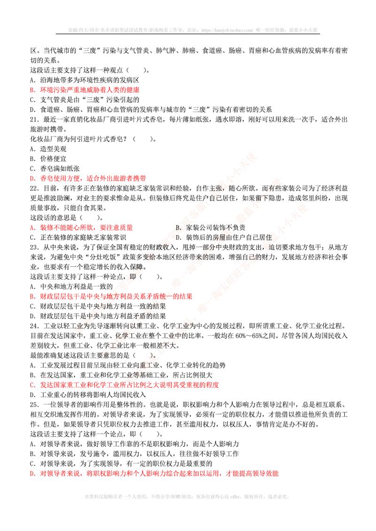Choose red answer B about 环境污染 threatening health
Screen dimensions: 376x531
click(85, 90)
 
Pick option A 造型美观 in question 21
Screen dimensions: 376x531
click(48, 149)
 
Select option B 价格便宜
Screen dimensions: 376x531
click(48, 159)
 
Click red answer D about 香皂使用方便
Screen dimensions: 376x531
click(88, 178)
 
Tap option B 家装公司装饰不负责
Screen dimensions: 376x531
click(211, 228)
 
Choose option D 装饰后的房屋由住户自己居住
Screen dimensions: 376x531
click(224, 238)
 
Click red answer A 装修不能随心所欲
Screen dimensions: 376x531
click(81, 228)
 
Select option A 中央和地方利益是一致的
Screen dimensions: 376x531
click(71, 286)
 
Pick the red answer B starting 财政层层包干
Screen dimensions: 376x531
click(111, 296)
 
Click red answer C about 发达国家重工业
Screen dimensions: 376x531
click(125, 385)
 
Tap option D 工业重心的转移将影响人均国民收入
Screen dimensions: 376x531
click(88, 394)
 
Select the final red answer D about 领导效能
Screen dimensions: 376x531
click(154, 473)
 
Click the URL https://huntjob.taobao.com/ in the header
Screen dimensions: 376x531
click(227, 30)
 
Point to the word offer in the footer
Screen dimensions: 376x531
click(235, 496)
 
